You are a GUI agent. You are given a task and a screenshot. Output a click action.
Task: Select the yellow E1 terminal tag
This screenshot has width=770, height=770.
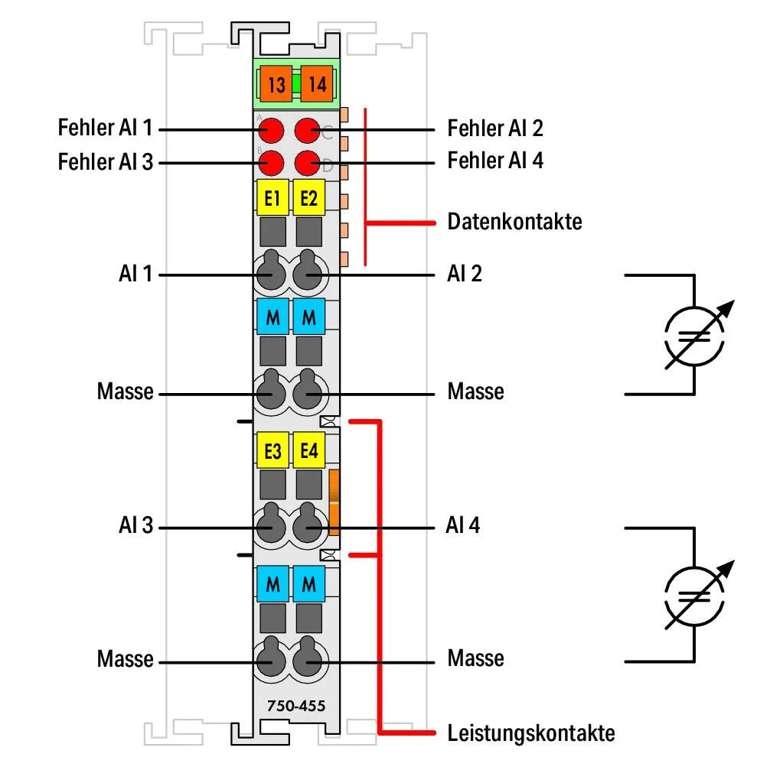(x=272, y=200)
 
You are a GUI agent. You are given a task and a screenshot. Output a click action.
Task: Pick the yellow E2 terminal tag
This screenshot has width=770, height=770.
(x=309, y=200)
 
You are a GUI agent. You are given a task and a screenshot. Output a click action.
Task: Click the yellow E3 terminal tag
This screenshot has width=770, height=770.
(x=272, y=452)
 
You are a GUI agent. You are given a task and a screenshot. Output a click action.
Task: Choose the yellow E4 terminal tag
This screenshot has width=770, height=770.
(x=309, y=452)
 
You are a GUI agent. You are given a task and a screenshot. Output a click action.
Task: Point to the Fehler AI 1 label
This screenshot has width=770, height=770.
(x=104, y=128)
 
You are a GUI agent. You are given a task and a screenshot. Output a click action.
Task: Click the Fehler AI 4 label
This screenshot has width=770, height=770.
(x=495, y=161)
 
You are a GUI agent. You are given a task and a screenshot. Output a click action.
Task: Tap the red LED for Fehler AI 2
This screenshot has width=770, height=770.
(x=308, y=131)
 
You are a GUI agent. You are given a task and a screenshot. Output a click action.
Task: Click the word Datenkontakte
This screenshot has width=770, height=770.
(x=514, y=223)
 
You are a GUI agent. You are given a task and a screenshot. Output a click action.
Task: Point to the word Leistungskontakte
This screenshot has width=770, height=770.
(x=530, y=733)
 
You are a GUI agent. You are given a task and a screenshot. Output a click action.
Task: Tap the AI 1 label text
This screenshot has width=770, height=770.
(x=135, y=273)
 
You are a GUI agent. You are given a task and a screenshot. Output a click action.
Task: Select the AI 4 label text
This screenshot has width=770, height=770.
(x=463, y=526)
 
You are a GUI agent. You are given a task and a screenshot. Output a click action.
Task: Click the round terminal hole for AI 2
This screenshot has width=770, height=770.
(x=308, y=271)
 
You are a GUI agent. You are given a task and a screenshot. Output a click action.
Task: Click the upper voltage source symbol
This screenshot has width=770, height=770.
(x=693, y=336)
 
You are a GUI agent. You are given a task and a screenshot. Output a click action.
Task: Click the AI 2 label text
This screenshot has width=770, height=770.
(x=465, y=273)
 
